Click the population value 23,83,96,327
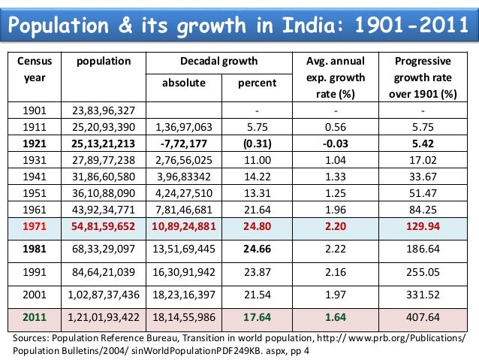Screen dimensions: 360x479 103,111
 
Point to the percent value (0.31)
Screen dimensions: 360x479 257,143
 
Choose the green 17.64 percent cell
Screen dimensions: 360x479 257,318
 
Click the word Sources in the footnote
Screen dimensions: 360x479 34,338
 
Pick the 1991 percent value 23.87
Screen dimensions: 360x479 257,271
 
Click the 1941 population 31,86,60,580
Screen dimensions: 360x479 103,175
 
